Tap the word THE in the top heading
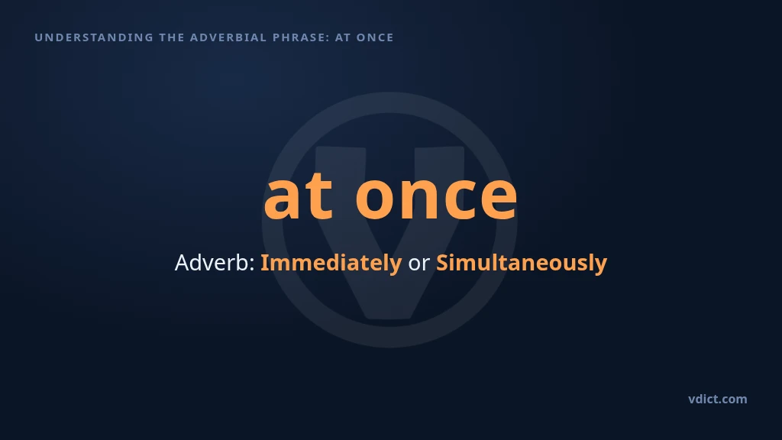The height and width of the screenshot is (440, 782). click(172, 37)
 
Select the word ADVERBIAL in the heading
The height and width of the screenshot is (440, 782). click(228, 37)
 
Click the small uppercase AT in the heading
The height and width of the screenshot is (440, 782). click(343, 37)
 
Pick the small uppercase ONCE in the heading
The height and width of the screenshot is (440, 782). click(375, 37)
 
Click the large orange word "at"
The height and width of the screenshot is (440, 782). click(299, 196)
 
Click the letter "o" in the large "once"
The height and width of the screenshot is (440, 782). click(376, 198)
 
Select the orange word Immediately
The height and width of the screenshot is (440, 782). click(331, 264)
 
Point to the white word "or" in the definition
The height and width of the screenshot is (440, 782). click(419, 264)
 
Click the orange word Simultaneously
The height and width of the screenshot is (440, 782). click(522, 264)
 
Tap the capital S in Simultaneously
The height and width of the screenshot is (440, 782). click(442, 263)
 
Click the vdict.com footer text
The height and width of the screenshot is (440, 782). click(718, 399)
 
